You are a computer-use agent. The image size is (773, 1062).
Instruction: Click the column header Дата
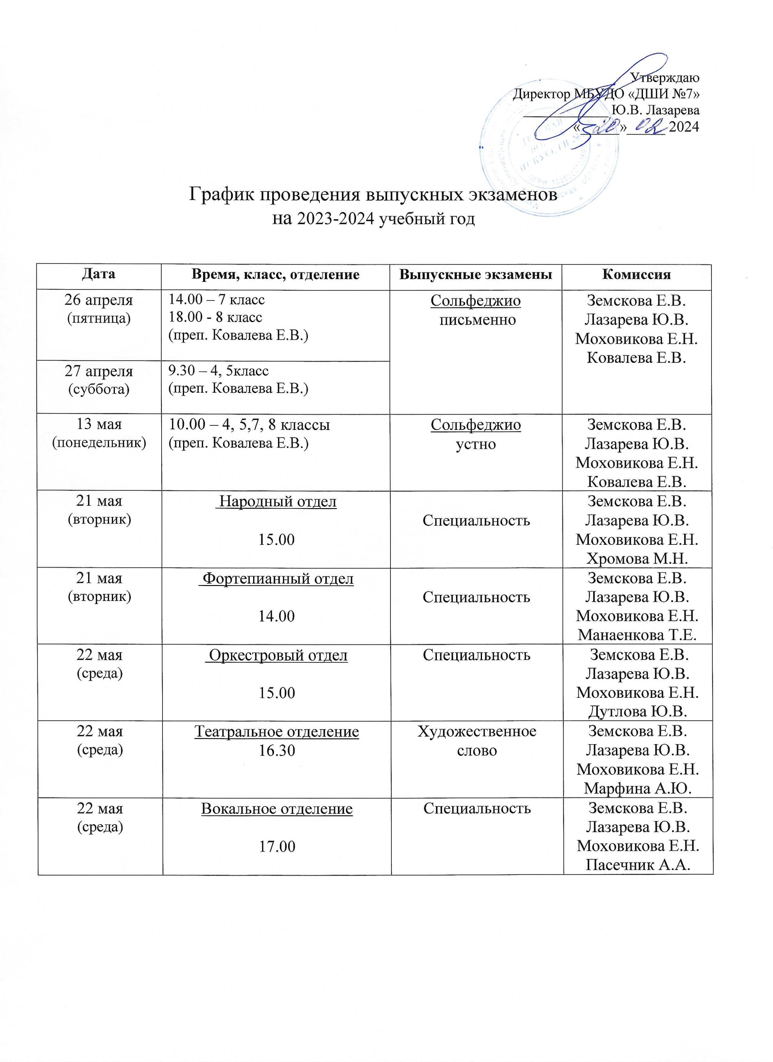(x=99, y=274)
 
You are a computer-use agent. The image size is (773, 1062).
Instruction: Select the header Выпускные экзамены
(x=476, y=274)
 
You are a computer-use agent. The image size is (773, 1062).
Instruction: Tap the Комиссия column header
(x=636, y=274)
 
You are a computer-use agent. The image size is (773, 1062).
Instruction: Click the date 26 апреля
(x=99, y=300)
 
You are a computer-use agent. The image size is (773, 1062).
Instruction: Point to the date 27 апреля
(x=99, y=371)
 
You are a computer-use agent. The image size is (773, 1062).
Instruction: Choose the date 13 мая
(x=99, y=424)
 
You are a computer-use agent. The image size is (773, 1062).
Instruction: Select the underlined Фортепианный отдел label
(x=276, y=579)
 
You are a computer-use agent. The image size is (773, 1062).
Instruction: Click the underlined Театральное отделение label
(x=276, y=731)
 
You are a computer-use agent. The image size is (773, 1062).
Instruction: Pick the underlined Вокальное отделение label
(x=276, y=809)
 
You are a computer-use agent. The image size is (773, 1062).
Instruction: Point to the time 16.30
(x=276, y=751)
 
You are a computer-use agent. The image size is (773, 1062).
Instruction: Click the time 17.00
(x=276, y=847)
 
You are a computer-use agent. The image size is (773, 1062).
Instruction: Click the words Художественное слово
(x=477, y=741)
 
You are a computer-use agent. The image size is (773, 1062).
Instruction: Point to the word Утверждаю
(x=665, y=78)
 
